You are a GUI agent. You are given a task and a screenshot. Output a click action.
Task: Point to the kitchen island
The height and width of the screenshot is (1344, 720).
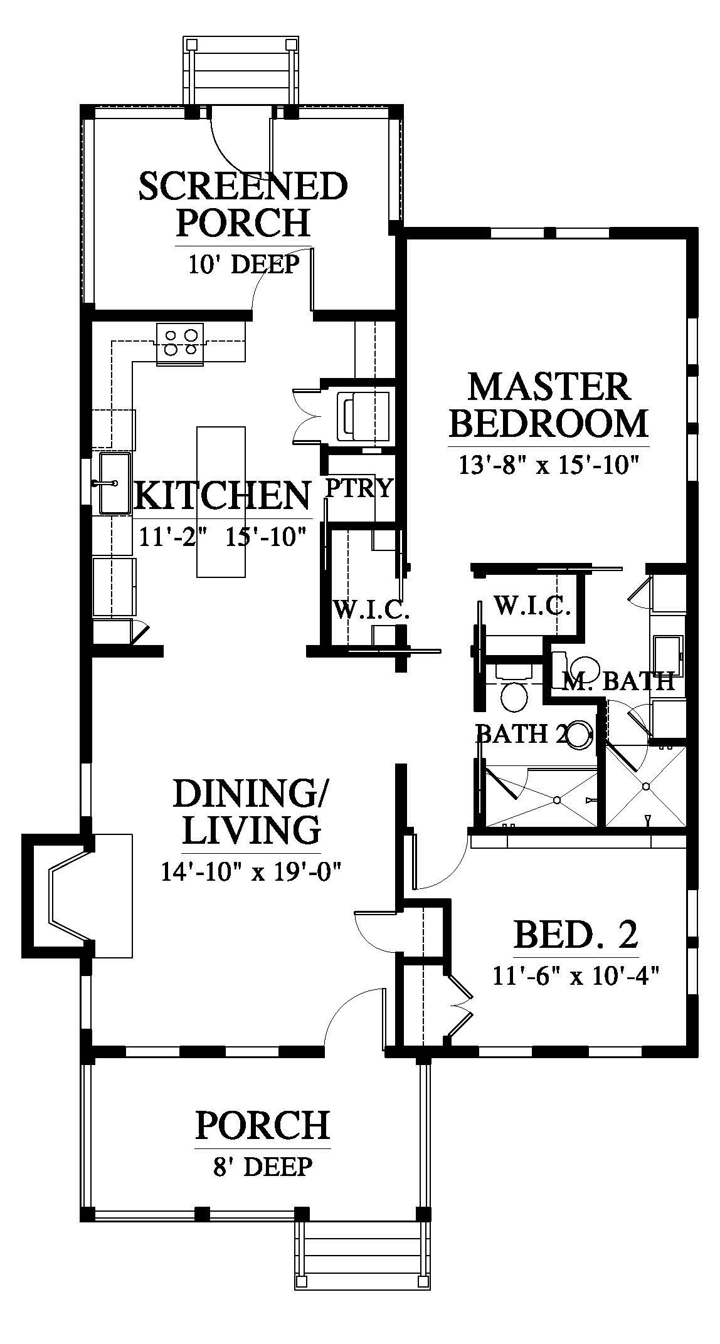pyautogui.click(x=221, y=501)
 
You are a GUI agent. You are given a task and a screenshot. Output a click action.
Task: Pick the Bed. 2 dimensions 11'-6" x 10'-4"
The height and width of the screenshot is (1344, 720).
pyautogui.click(x=578, y=976)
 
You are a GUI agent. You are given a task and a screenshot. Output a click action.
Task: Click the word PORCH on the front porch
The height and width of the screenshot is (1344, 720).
pyautogui.click(x=262, y=1125)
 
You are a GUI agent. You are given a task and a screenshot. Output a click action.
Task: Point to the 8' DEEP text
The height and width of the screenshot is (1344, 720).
pyautogui.click(x=262, y=1167)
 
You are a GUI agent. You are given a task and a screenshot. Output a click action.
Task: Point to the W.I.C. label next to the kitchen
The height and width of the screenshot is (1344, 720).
pyautogui.click(x=371, y=610)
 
